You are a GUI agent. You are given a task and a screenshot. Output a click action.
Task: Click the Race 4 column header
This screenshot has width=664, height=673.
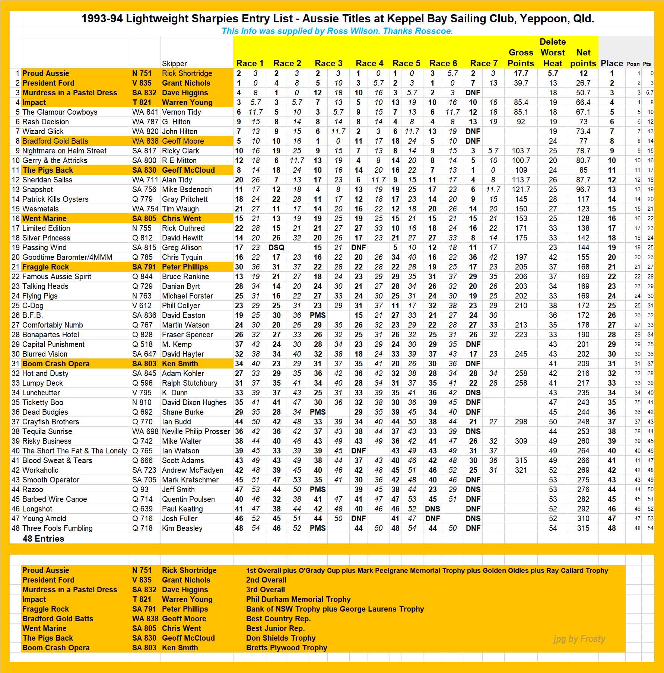point(369,63)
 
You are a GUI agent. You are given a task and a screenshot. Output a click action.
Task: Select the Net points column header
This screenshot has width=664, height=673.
point(583,58)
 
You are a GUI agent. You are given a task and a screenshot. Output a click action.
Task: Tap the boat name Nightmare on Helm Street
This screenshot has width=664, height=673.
point(64,151)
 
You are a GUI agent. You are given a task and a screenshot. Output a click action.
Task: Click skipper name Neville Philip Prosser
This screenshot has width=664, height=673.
point(196,431)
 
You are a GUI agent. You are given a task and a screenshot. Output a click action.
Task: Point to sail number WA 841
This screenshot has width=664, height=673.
point(145,112)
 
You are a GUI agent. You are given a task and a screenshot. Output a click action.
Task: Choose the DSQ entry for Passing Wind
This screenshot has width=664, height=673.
point(276,248)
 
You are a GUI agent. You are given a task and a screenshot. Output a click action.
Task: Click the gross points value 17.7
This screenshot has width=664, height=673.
point(521,73)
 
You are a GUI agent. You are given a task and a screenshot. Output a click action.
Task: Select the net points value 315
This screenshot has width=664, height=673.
point(583,528)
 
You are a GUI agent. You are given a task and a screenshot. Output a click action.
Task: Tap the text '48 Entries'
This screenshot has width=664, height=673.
point(43,539)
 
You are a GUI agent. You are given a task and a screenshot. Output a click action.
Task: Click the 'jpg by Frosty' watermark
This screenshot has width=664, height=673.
point(579,639)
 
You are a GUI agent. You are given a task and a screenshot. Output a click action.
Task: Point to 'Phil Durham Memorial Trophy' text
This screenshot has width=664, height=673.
point(298,599)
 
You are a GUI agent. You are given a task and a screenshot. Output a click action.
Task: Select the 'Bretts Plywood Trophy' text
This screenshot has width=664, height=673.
point(286,648)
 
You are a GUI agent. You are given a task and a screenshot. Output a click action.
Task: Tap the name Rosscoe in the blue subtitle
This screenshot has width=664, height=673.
point(434,31)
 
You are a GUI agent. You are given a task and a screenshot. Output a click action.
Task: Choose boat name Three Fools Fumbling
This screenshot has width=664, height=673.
point(57,528)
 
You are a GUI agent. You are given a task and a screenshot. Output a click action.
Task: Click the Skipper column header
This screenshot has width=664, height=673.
point(174,64)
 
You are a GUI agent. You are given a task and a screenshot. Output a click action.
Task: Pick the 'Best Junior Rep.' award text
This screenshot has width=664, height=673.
point(275,628)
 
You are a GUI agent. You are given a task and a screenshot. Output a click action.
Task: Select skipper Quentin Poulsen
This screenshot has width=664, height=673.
point(188,499)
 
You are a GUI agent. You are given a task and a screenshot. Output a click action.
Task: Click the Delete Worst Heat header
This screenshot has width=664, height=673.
point(553,52)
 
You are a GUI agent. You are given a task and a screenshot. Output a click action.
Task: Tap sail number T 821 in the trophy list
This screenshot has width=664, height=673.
point(142,599)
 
